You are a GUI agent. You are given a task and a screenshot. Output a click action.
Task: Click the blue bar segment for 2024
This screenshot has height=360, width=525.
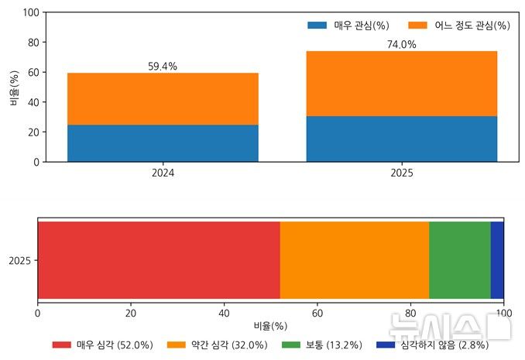coord(163,143)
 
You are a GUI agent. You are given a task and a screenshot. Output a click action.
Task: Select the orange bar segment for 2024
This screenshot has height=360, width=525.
coord(163,99)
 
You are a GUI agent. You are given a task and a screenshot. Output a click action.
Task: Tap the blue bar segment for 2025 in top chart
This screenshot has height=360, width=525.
coord(401,139)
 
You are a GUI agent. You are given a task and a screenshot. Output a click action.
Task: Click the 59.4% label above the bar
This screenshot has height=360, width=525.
coord(163,67)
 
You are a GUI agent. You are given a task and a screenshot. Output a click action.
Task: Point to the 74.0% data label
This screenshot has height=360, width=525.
coord(401,45)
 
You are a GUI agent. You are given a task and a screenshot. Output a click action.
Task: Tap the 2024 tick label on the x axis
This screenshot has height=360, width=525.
coord(163,173)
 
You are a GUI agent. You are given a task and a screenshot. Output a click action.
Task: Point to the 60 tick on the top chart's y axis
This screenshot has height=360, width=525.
coord(33,73)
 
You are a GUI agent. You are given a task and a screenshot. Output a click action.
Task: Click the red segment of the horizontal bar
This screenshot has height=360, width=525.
coord(159,259)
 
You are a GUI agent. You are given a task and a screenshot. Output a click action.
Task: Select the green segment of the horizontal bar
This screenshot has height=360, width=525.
coord(459,259)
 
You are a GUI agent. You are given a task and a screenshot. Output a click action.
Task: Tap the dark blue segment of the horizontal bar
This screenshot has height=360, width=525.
coord(497,259)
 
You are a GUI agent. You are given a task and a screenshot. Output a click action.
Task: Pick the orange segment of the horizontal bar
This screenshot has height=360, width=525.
coord(354,259)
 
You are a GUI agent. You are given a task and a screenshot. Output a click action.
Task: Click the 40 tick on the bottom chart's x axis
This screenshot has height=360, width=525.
coord(225,313)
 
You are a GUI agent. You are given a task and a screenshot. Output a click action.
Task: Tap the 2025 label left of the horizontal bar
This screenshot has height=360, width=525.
coord(19,261)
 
